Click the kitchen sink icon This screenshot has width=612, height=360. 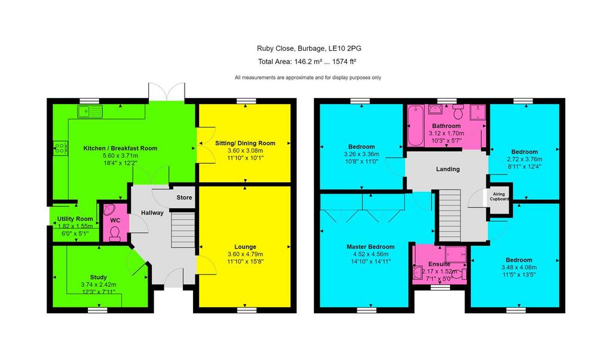90,111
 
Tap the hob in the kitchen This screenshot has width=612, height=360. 60,148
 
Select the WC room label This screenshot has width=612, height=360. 115,221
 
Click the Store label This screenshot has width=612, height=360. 184,197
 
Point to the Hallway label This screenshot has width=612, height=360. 152,213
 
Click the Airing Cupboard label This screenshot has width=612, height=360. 499,196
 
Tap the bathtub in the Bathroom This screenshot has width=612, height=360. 416,126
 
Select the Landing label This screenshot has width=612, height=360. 448,169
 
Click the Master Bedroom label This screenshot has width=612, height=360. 371,247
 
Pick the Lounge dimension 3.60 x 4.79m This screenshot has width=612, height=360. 245,254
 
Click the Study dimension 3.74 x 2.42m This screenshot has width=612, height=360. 99,285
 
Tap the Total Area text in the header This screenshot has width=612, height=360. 307,62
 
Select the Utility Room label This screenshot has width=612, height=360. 75,219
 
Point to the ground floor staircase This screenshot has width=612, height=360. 183,230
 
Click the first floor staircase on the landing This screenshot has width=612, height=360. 450,215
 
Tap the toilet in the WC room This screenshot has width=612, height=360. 115,234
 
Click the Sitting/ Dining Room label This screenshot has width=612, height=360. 245,144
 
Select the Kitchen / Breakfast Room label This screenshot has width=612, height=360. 120,148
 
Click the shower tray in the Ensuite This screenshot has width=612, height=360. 455,254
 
